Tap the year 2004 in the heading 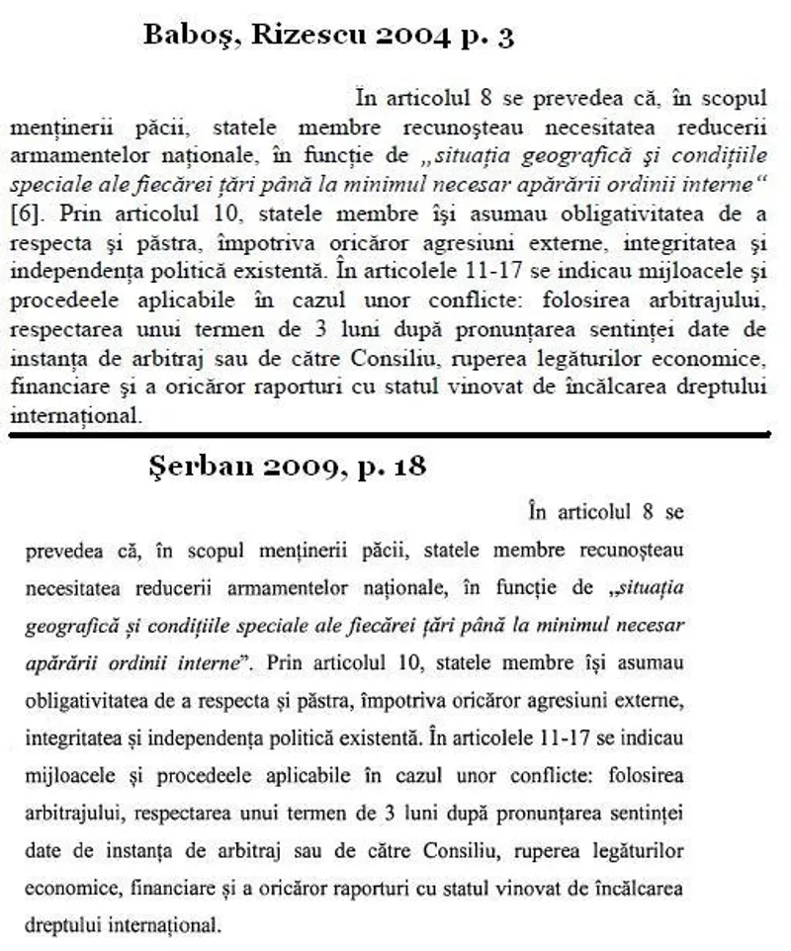426,37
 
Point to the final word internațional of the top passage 74,416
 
